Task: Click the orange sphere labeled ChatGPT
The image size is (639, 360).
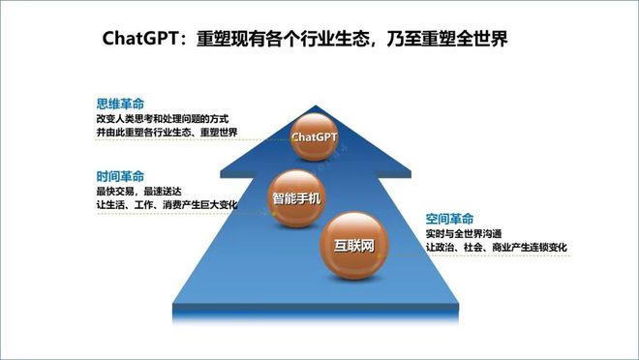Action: (315, 137)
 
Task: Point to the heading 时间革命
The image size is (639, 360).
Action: (120, 176)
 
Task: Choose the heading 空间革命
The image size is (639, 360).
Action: (450, 219)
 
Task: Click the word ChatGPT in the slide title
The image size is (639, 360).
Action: (141, 39)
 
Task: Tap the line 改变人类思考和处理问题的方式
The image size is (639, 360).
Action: (161, 118)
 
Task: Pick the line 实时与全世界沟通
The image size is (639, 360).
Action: (471, 234)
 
